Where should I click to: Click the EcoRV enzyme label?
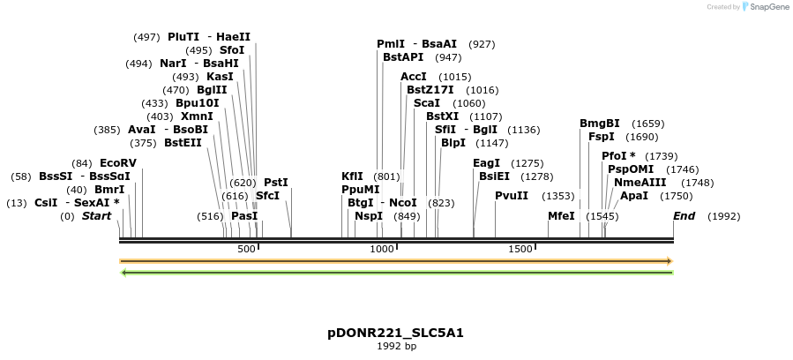click(x=118, y=163)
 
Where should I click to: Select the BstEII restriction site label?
click(x=183, y=143)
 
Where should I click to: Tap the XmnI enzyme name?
click(x=197, y=116)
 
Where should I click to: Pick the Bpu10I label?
click(x=198, y=103)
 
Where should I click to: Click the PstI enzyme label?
click(x=276, y=183)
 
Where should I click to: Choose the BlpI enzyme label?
click(x=453, y=143)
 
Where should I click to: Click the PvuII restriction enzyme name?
click(x=512, y=196)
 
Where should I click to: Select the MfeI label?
click(x=561, y=216)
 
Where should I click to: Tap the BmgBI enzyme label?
click(x=600, y=124)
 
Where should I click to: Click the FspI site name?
click(x=602, y=137)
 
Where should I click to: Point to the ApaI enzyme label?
click(x=634, y=196)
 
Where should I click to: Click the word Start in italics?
click(x=97, y=216)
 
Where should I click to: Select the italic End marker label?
click(x=685, y=216)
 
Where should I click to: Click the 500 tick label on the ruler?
click(x=246, y=249)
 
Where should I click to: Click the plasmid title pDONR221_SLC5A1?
click(x=395, y=333)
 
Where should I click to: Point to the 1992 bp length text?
click(x=396, y=346)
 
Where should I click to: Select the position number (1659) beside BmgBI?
click(x=648, y=124)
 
